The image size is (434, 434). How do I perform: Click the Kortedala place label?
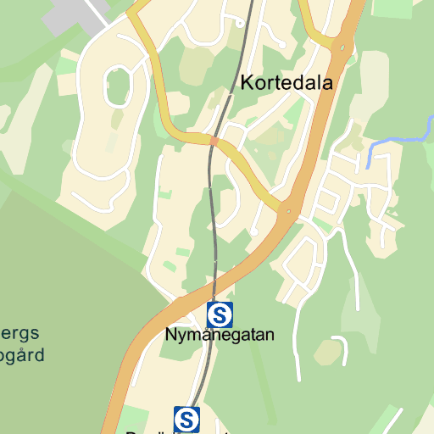pos(287,83)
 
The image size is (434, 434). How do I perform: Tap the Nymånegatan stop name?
pos(220,335)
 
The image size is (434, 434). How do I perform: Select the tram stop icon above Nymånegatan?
pos(220,315)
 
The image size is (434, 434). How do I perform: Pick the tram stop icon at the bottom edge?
pos(186,419)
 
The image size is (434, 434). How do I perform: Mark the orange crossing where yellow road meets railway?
pos(214,141)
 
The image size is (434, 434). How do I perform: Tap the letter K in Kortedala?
pos(248,83)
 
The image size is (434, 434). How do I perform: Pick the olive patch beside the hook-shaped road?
pos(328,352)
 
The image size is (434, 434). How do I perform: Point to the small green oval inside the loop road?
pos(120,86)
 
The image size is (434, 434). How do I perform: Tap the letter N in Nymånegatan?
pos(170,335)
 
